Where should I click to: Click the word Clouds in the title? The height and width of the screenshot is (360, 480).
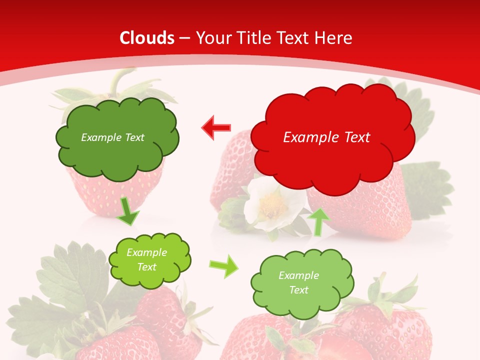click(147, 38)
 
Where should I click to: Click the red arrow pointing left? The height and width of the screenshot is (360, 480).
click(216, 127)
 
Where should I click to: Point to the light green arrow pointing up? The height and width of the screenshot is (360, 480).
click(318, 221)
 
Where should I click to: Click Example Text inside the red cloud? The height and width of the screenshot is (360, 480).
click(326, 137)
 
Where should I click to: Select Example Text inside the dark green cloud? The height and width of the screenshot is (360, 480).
click(112, 137)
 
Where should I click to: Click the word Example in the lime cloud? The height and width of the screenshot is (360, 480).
click(146, 252)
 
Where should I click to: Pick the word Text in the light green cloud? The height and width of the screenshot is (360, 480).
click(298, 290)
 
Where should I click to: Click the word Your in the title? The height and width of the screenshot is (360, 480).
click(210, 38)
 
